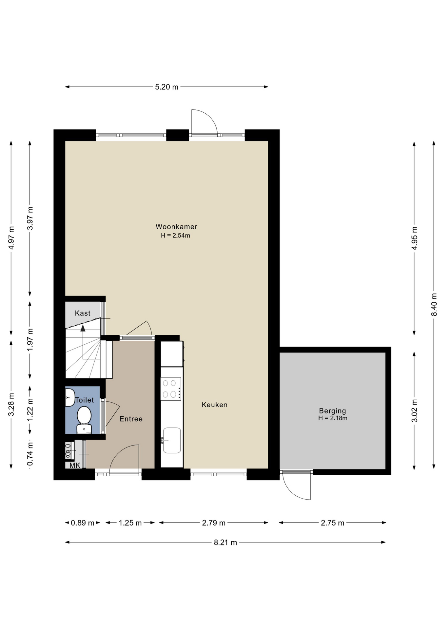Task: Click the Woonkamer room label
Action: pos(176,227)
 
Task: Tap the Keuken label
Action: pos(215,405)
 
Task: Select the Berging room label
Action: pos(333,411)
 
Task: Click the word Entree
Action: pos(131,419)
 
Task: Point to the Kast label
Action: pos(83,313)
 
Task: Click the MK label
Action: pos(75,465)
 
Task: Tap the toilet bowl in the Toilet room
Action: pos(84,420)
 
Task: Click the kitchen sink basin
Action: pos(172,440)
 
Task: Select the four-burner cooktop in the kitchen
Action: pos(171,389)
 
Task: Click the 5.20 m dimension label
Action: pos(166,87)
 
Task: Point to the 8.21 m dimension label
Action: pos(225,543)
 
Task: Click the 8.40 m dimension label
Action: pos(434,304)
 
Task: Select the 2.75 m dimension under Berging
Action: pos(333,523)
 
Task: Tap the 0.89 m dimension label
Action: pos(83,523)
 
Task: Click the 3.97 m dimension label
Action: pos(30,218)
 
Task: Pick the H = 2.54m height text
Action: pos(175,236)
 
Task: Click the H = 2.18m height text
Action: pos(333,418)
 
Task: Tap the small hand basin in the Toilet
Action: pos(69,397)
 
